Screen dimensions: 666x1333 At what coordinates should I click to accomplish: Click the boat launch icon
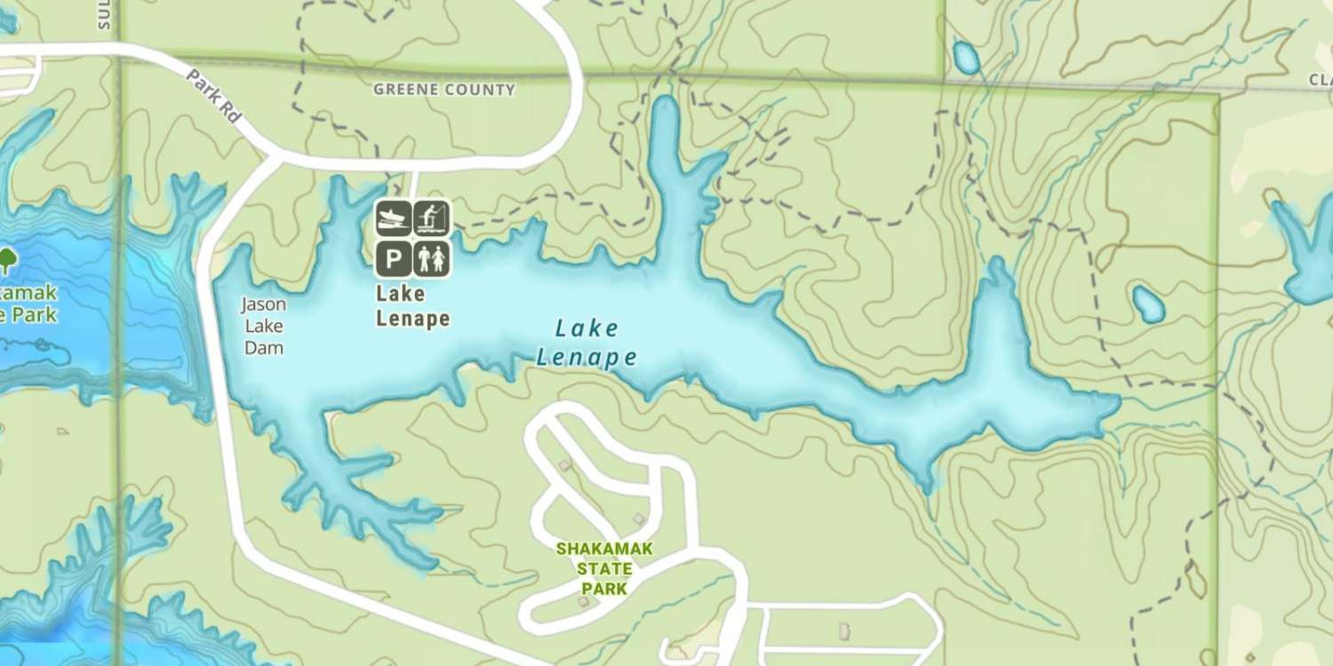394,218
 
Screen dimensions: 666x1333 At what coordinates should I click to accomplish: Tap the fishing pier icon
432,218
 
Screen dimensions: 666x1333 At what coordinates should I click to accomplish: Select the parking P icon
394,259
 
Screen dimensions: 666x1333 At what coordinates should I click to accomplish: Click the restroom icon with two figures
432,259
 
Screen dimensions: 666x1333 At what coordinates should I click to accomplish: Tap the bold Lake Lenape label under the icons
412,305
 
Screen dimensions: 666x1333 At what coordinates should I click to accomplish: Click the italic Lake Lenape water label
587,343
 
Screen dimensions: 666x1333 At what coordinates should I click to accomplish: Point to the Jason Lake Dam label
264,326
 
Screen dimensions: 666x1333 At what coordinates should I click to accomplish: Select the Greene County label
443,90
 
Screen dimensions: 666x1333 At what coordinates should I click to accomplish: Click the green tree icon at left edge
8,260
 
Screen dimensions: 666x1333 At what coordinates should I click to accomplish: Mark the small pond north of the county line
966,58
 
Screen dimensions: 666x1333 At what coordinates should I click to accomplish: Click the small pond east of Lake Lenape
1148,304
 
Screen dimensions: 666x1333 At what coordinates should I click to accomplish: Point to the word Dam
264,347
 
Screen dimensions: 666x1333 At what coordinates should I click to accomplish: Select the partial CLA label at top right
1321,80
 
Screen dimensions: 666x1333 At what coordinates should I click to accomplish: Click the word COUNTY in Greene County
480,90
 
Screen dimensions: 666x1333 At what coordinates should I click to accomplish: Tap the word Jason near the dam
264,305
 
